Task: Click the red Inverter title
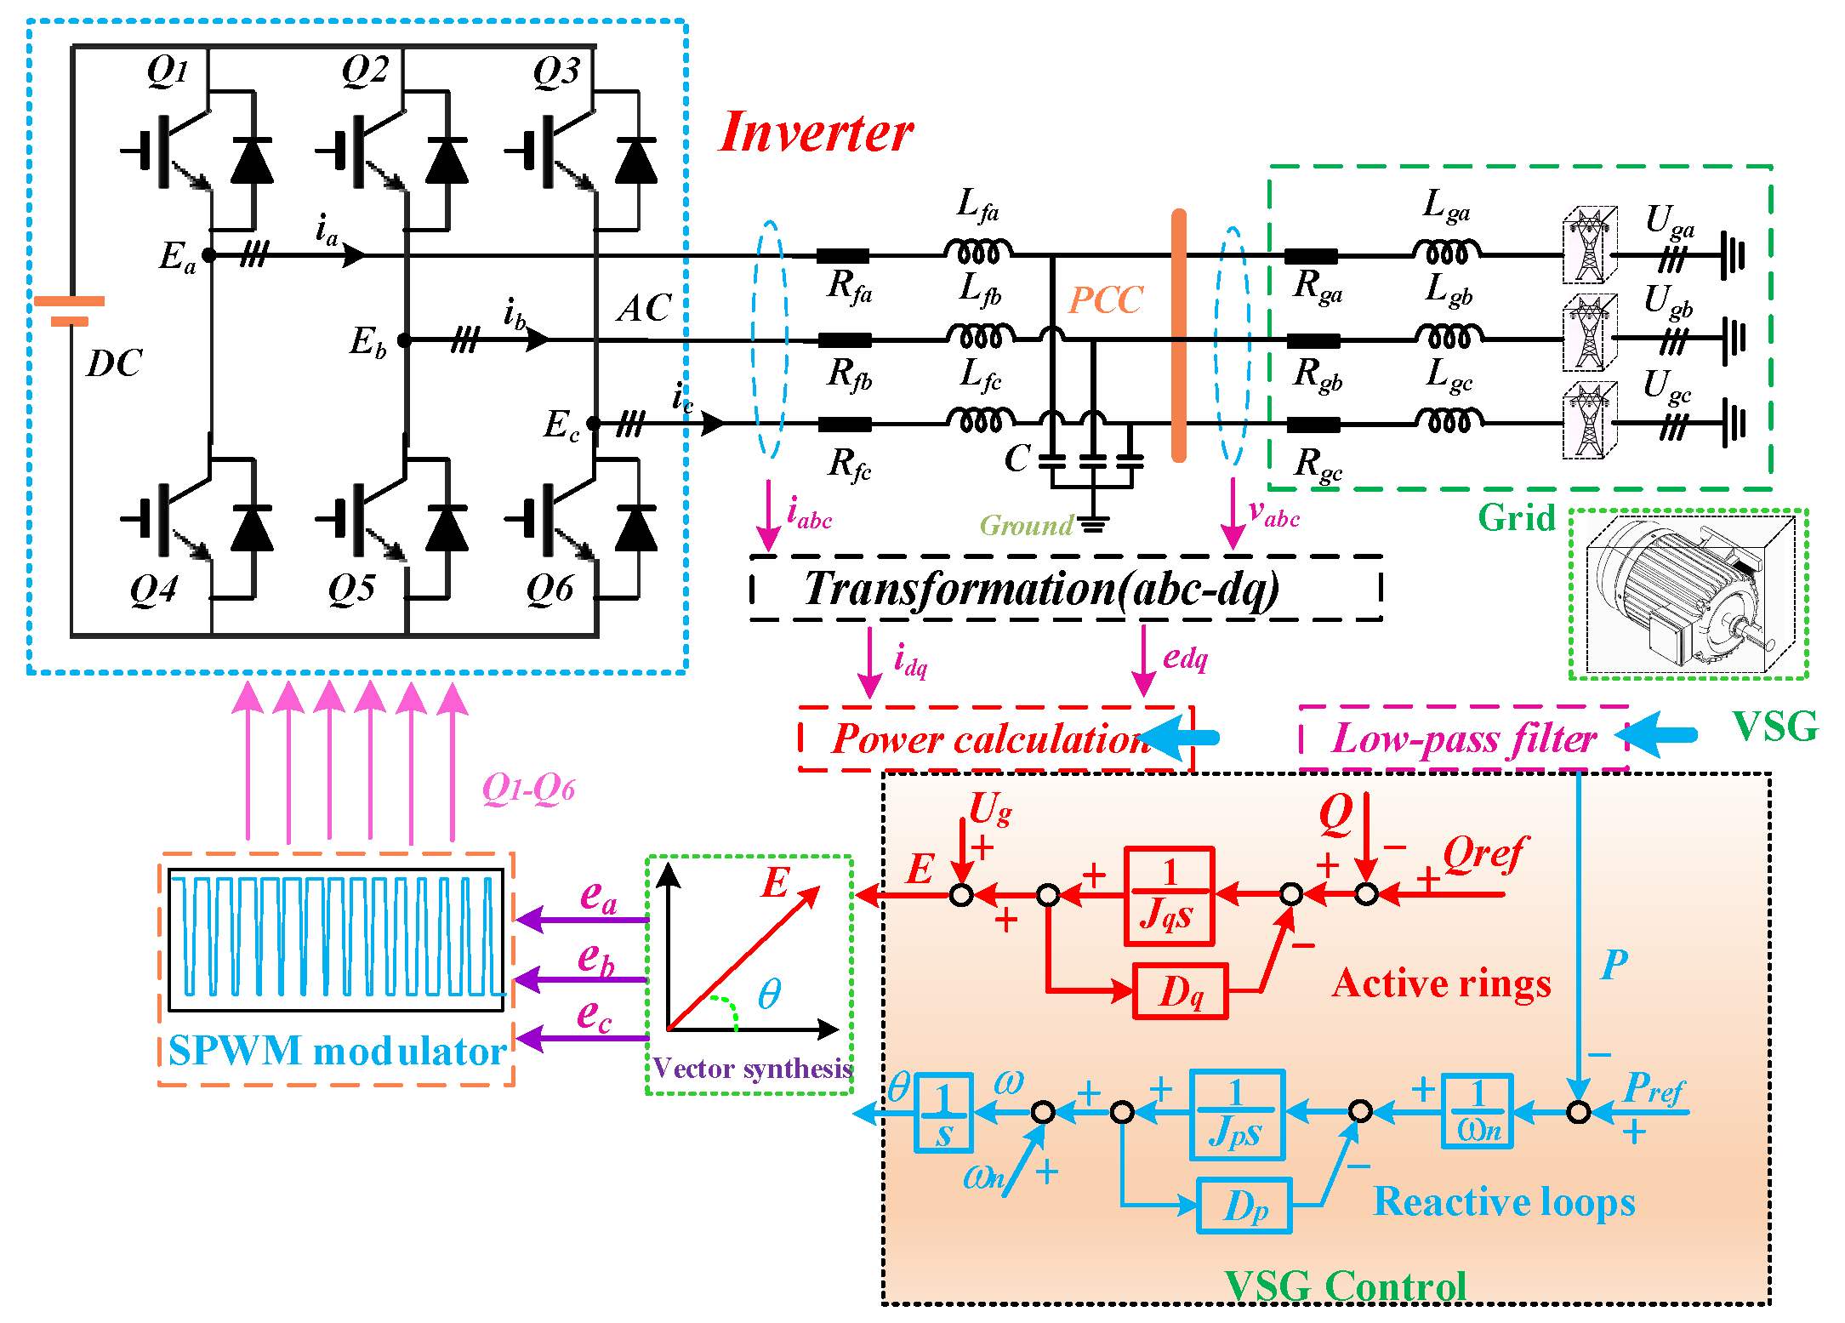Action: click(815, 134)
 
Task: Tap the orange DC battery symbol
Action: click(69, 311)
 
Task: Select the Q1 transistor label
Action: click(168, 70)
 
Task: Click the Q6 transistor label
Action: click(550, 589)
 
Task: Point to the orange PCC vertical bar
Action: click(1178, 336)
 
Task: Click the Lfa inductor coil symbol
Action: click(978, 252)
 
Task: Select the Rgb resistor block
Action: click(1313, 341)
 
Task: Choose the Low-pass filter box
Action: click(1463, 738)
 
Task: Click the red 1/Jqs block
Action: click(1169, 896)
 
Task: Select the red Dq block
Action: click(1181, 991)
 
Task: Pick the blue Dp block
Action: click(1244, 1206)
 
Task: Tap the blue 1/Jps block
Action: click(1236, 1115)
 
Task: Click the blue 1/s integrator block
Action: click(943, 1113)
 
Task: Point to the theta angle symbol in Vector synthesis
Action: click(769, 994)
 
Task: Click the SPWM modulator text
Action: click(337, 1052)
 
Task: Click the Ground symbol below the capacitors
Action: click(1093, 524)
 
